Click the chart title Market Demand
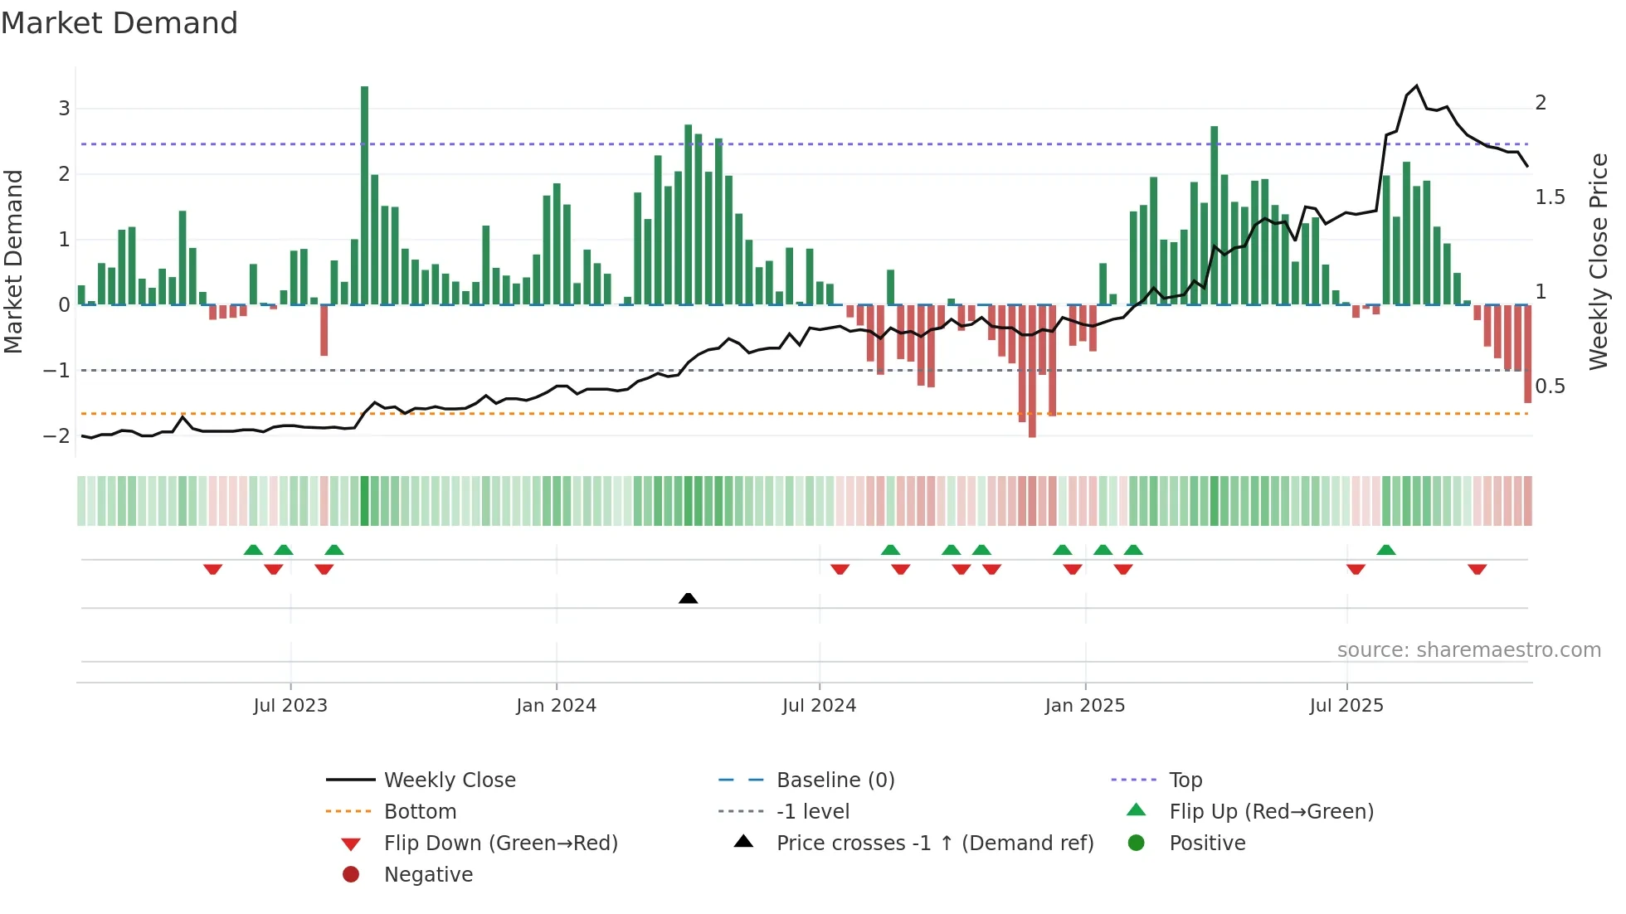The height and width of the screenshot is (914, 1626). pyautogui.click(x=119, y=23)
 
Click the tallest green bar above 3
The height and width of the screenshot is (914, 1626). pyautogui.click(x=364, y=195)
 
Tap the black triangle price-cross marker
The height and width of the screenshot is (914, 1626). pyautogui.click(x=688, y=598)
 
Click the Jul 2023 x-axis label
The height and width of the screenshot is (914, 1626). pyautogui.click(x=290, y=706)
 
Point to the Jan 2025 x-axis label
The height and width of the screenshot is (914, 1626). pyautogui.click(x=1084, y=706)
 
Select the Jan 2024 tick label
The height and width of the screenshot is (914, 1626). pyautogui.click(x=556, y=706)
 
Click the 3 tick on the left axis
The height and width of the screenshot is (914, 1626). pyautogui.click(x=64, y=109)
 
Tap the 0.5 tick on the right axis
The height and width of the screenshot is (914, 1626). pyautogui.click(x=1550, y=387)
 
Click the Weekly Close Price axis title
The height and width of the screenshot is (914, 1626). pyautogui.click(x=1598, y=261)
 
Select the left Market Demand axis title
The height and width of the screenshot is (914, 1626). pyautogui.click(x=13, y=261)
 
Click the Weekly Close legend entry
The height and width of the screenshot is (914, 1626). pyautogui.click(x=449, y=780)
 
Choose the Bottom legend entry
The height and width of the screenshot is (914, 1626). pyautogui.click(x=420, y=812)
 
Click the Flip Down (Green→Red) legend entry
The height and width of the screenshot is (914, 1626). pyautogui.click(x=500, y=844)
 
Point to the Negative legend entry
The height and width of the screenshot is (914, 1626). pyautogui.click(x=428, y=875)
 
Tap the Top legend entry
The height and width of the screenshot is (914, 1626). pyautogui.click(x=1185, y=780)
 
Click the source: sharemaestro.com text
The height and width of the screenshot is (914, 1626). pyautogui.click(x=1468, y=650)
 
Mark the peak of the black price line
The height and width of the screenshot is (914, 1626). pyautogui.click(x=1416, y=86)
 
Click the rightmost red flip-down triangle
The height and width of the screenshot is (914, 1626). pyautogui.click(x=1477, y=569)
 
